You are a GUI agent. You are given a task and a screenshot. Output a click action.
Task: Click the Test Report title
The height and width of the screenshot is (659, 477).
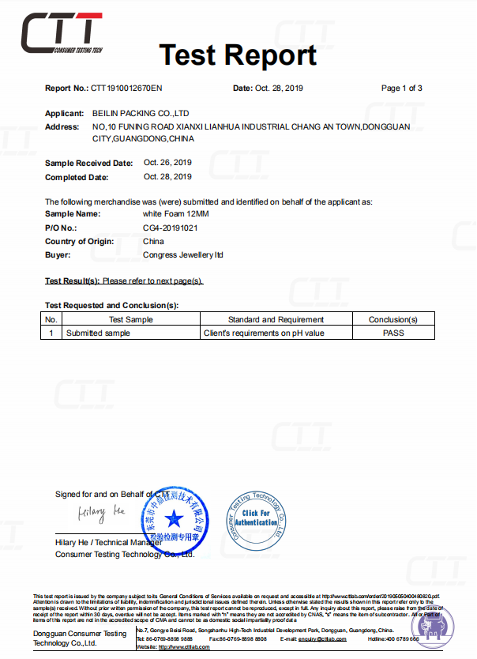238,55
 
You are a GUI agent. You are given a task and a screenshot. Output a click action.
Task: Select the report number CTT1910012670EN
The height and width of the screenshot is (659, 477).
126,88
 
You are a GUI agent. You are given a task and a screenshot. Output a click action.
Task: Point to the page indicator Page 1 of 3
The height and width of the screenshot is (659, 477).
401,88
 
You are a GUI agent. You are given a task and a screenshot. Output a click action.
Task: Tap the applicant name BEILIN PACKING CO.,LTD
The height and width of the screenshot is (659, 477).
141,114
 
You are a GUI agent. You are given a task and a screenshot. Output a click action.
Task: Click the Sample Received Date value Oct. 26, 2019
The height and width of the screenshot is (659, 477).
167,162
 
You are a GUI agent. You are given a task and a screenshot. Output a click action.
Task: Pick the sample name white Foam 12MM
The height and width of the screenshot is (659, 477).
176,213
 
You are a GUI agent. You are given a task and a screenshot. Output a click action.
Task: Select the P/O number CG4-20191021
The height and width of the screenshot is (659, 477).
170,228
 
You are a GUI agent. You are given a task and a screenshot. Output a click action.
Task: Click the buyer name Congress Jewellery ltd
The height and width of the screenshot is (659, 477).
183,255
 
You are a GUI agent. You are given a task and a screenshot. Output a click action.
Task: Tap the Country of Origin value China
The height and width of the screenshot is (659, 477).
153,241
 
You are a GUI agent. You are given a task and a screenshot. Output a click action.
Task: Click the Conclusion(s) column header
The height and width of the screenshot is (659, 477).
392,319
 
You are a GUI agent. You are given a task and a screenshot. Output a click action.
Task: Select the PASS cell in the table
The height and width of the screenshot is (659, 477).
392,333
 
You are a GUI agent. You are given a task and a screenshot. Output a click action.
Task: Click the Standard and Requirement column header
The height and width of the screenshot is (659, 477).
276,319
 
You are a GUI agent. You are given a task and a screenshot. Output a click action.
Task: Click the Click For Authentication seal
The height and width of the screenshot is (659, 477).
255,518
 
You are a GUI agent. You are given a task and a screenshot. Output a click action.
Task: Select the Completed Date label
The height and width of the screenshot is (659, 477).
77,177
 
